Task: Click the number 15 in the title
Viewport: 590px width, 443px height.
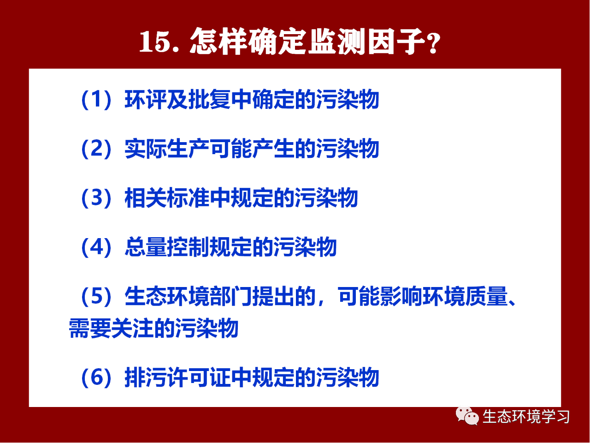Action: (154, 42)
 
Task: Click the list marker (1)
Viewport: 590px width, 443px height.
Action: (96, 100)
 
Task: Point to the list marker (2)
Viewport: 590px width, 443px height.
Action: (96, 149)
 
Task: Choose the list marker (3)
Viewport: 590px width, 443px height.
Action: (96, 198)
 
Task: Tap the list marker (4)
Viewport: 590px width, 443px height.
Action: (96, 247)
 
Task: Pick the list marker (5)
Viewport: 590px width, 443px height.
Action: (96, 296)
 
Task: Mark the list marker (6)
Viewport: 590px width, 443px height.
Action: (96, 377)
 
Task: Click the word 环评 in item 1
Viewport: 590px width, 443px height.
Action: (146, 100)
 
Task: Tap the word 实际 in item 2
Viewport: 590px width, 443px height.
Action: (146, 149)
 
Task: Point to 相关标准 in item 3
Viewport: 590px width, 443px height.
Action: (167, 198)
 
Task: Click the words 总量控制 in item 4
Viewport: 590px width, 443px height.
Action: (167, 247)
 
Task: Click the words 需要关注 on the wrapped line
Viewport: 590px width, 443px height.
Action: (111, 329)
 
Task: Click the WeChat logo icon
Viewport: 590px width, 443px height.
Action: (467, 416)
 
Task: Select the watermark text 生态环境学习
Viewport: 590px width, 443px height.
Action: (526, 417)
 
